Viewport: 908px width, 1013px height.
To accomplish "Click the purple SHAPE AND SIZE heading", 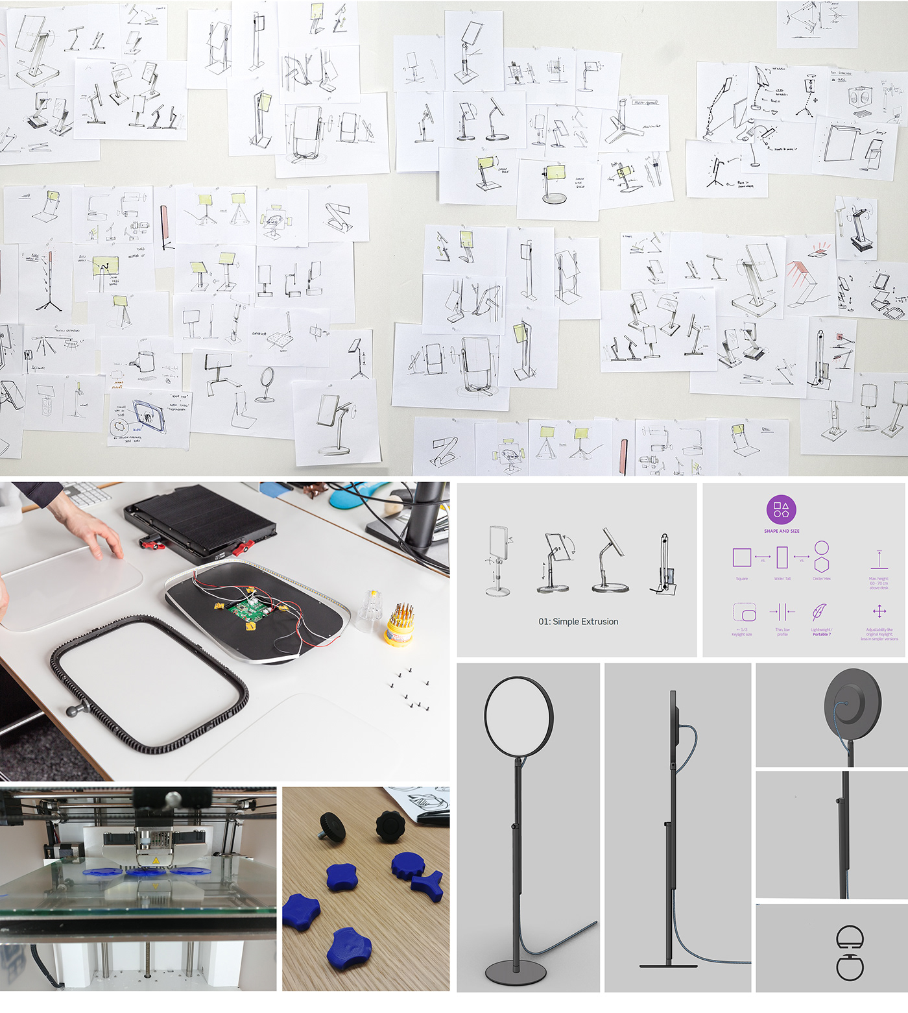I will [x=782, y=531].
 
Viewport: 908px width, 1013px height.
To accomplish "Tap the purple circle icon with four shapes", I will [x=782, y=510].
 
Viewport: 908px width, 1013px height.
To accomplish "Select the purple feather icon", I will [x=820, y=612].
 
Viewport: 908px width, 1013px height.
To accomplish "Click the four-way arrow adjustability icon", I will [x=879, y=611].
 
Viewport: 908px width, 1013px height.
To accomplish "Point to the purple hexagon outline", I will [x=822, y=565].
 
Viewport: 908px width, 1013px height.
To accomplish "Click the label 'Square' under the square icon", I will [x=741, y=579].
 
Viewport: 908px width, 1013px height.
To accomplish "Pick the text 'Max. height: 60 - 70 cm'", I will [x=879, y=582].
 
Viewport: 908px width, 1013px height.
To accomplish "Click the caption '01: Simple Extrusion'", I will [x=578, y=622].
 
